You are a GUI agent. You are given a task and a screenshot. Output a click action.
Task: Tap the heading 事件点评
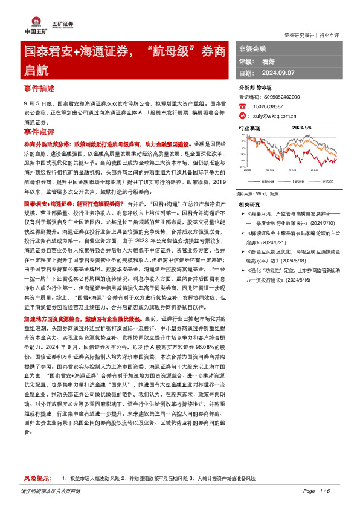39,131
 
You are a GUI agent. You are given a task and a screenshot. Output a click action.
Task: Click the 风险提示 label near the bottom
37,478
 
